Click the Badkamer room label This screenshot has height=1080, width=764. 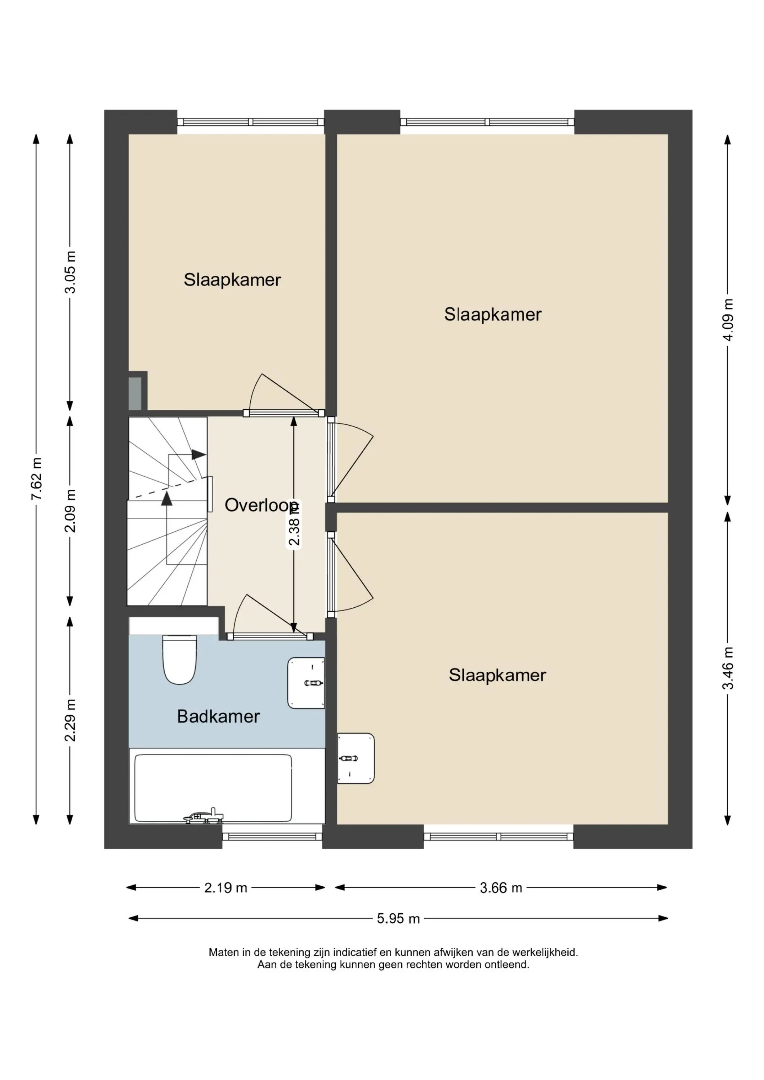[218, 716]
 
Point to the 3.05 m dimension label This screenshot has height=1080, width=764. [70, 273]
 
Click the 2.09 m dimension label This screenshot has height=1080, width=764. [70, 511]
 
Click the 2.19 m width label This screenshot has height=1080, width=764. [225, 888]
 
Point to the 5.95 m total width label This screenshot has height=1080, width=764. [398, 919]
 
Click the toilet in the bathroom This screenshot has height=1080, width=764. [179, 660]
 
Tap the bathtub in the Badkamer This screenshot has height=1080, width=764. [213, 788]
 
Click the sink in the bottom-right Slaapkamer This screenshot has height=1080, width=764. [356, 758]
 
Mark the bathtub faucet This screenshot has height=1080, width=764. [204, 816]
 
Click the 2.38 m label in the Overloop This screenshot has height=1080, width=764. [294, 525]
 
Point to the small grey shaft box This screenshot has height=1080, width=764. [135, 393]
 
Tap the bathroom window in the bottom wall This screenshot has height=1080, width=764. [272, 837]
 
